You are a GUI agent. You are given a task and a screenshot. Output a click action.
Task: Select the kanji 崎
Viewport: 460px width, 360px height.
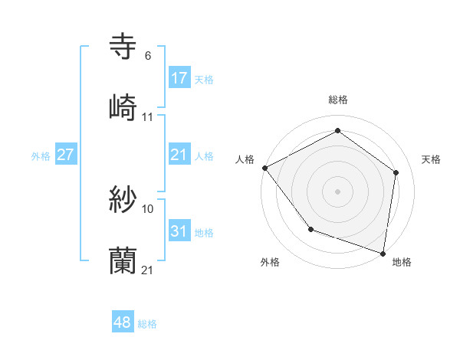(123, 107)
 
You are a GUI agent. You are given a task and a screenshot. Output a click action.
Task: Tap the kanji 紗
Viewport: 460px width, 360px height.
(123, 201)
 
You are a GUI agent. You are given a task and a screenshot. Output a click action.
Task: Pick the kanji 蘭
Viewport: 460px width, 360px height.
(123, 261)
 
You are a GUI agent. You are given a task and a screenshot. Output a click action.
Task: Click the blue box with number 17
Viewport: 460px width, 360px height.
(179, 78)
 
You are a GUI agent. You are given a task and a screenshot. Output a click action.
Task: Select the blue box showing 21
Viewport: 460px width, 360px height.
(179, 155)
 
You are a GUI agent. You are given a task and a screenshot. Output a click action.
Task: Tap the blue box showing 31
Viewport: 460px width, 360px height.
(179, 231)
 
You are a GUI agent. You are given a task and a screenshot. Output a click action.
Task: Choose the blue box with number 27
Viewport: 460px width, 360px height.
(66, 155)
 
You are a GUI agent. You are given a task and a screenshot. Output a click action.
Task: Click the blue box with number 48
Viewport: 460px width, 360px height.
(123, 322)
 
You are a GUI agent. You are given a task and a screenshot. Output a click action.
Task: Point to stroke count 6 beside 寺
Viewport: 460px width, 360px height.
(147, 56)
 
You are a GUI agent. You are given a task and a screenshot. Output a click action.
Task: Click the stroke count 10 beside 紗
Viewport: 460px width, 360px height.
(148, 208)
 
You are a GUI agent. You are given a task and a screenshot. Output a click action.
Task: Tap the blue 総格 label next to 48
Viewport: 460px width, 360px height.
(147, 324)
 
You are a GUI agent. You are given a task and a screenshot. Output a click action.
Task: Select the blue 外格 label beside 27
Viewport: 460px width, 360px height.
(41, 156)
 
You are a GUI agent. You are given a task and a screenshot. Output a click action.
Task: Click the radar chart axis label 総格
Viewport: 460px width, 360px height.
(338, 100)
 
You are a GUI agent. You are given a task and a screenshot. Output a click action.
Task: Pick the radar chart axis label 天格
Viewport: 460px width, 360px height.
(431, 159)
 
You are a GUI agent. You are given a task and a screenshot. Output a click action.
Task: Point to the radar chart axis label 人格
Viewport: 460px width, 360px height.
(245, 159)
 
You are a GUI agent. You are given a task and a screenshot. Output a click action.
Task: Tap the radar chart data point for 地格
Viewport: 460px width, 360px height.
(383, 253)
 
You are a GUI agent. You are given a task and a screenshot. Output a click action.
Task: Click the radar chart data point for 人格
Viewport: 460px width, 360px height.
(264, 168)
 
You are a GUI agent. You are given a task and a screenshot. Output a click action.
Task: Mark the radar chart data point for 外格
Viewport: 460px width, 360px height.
(310, 229)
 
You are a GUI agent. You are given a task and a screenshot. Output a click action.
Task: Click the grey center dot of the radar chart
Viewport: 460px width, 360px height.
(338, 191)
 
